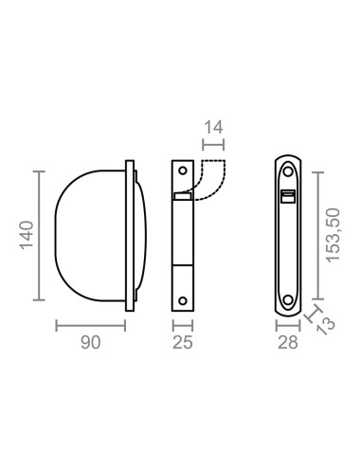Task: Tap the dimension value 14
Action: tap(213, 125)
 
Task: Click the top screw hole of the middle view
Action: tap(183, 172)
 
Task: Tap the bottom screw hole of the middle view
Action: tap(183, 303)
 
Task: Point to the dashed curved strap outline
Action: tap(211, 180)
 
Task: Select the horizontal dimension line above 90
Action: tap(90, 327)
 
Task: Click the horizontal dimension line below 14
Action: tap(213, 145)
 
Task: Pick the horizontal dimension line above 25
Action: tap(183, 327)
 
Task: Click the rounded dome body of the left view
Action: tap(85, 237)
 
